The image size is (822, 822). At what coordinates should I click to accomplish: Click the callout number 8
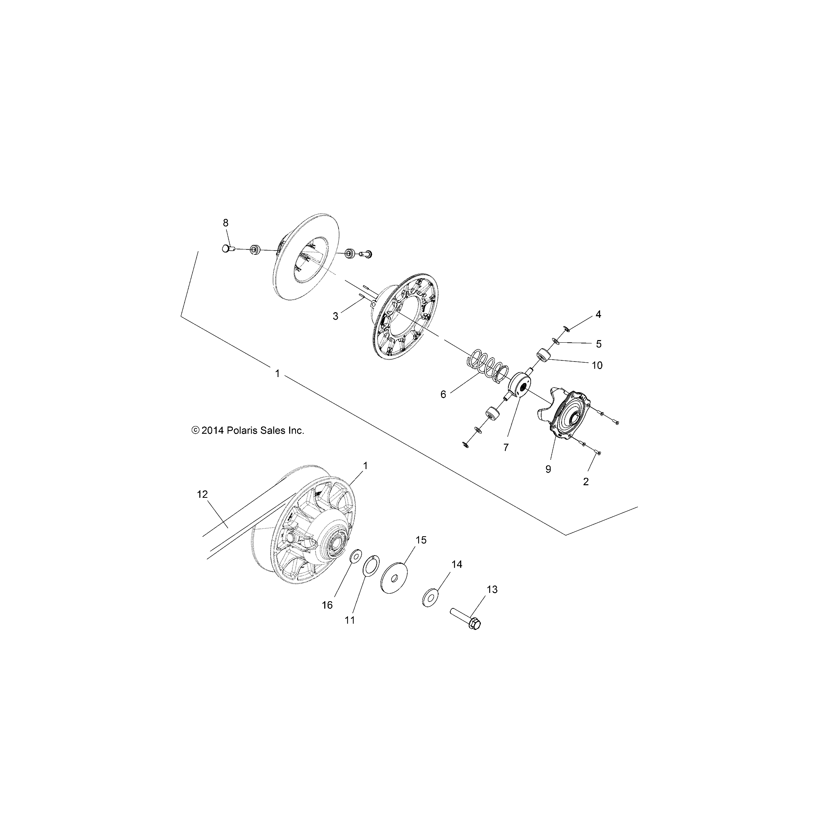[225, 223]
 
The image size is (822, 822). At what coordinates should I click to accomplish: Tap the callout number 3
[335, 316]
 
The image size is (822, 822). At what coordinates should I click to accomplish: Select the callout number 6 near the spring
[443, 394]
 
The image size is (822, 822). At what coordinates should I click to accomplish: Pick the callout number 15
[421, 540]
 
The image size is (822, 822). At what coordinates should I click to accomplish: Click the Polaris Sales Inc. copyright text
[248, 430]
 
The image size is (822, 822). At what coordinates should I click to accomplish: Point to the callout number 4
[598, 314]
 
